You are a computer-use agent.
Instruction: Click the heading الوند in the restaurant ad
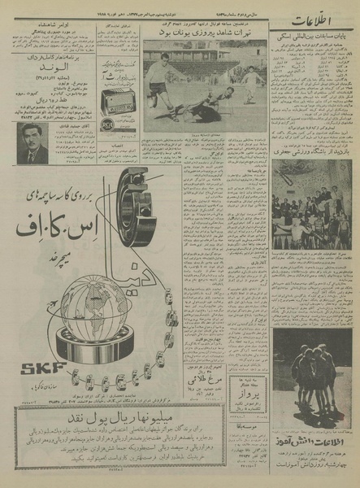point(51,76)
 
